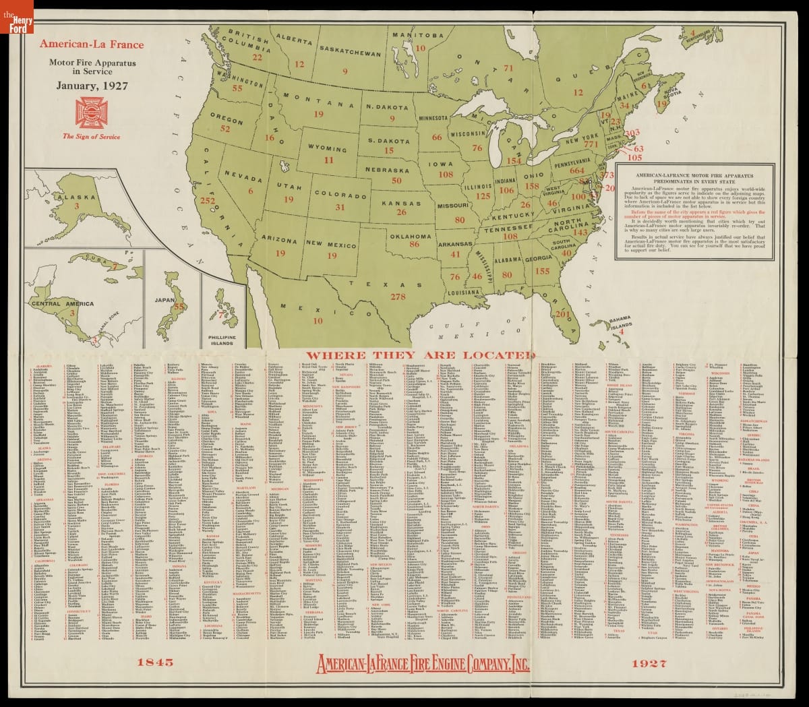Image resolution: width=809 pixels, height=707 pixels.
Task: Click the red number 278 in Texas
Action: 398,296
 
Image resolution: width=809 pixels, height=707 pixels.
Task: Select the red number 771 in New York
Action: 591,144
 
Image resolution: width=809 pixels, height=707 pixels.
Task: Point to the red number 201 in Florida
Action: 562,313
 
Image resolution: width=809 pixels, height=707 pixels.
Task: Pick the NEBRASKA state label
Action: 396,169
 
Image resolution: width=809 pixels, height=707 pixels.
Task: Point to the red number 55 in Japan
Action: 179,307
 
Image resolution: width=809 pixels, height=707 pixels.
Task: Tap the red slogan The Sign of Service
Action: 91,137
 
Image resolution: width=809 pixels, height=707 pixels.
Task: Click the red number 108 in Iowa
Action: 446,173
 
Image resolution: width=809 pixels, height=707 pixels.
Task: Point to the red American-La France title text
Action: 91,44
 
